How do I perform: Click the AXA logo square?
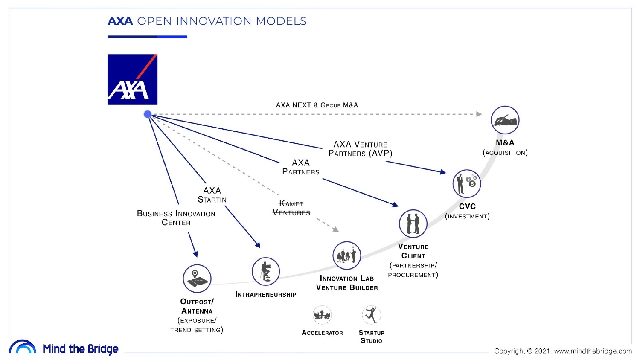tap(132, 79)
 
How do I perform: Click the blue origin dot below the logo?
tap(148, 114)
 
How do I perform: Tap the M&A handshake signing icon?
tap(505, 120)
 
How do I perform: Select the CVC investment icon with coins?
tap(466, 183)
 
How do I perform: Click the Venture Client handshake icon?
tap(413, 224)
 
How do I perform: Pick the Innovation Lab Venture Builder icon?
tap(346, 255)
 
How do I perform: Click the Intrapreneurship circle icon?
tap(265, 271)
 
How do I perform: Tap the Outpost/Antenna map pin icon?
tap(197, 279)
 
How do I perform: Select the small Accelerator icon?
tap(322, 315)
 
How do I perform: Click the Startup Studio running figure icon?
tap(371, 315)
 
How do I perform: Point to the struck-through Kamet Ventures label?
tap(291, 208)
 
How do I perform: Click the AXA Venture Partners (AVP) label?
tap(360, 149)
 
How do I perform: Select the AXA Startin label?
tap(212, 195)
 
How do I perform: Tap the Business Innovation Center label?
tap(176, 218)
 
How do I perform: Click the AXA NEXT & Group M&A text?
tap(317, 105)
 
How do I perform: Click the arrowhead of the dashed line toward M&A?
tap(479, 114)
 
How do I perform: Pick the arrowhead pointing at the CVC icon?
tap(443, 172)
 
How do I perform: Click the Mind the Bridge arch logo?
tap(22, 347)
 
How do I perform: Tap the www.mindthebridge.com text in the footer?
tap(593, 351)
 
